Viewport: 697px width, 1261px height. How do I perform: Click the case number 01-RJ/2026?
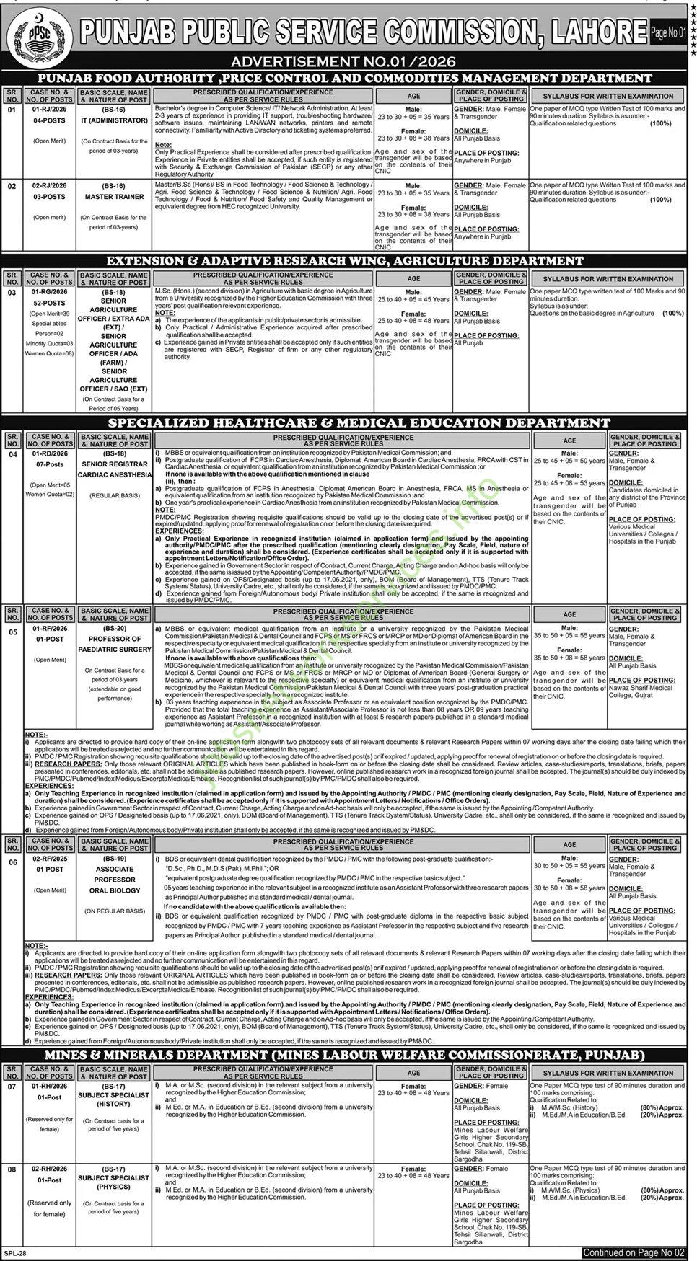[50, 109]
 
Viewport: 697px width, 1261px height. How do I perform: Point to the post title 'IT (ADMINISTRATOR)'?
[114, 120]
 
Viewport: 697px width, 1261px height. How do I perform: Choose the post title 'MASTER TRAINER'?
[114, 197]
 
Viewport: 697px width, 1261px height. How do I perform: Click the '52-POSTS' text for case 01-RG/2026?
[50, 304]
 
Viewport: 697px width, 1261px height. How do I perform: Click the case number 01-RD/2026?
[50, 453]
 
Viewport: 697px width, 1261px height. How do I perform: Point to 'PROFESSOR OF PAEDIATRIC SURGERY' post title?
[114, 645]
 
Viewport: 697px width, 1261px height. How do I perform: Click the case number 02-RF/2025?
[50, 859]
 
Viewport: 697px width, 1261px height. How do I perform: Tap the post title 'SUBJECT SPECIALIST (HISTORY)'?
[114, 1099]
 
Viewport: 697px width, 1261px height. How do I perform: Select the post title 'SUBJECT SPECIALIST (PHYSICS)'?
[114, 1182]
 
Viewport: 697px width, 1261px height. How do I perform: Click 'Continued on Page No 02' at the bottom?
[635, 1253]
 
